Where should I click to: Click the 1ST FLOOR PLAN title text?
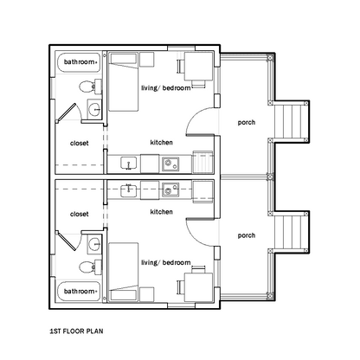[76, 331]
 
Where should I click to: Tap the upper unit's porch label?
[247, 123]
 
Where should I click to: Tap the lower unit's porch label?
[247, 235]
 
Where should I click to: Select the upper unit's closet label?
[80, 143]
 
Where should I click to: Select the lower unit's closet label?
[80, 214]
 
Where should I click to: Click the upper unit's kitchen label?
[161, 142]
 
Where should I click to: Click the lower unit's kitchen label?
[161, 212]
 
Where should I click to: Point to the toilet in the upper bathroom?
[90, 87]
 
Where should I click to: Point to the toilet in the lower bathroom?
[90, 267]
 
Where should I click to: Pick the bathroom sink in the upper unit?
[94, 109]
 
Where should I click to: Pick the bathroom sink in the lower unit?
[94, 244]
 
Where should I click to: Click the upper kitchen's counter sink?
[129, 164]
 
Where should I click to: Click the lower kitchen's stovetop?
[170, 190]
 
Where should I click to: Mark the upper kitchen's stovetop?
[170, 164]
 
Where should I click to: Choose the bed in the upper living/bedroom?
[124, 81]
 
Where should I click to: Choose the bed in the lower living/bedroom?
[124, 272]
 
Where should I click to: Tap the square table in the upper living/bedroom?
[198, 66]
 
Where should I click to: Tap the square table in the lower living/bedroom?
[198, 287]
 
